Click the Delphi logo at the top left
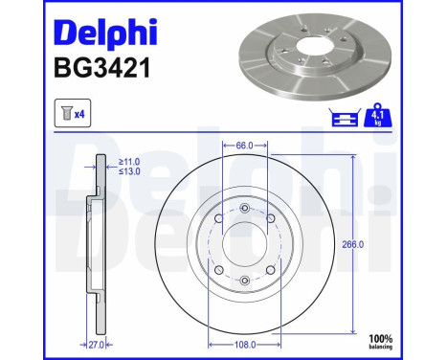[105, 33]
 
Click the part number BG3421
[102, 68]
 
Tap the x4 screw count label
[79, 114]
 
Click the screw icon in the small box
[67, 113]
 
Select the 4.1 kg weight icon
[378, 115]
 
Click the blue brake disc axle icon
[345, 117]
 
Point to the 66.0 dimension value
[244, 146]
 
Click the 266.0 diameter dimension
[352, 244]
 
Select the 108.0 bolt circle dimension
[245, 345]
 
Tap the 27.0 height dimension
[97, 345]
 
